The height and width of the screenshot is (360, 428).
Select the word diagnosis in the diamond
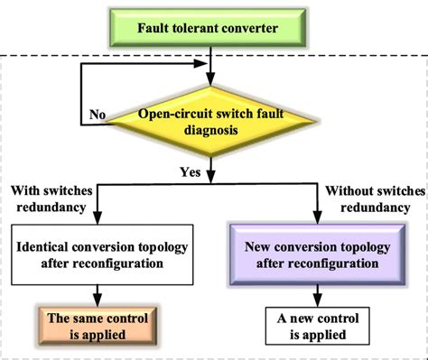(x=209, y=130)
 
